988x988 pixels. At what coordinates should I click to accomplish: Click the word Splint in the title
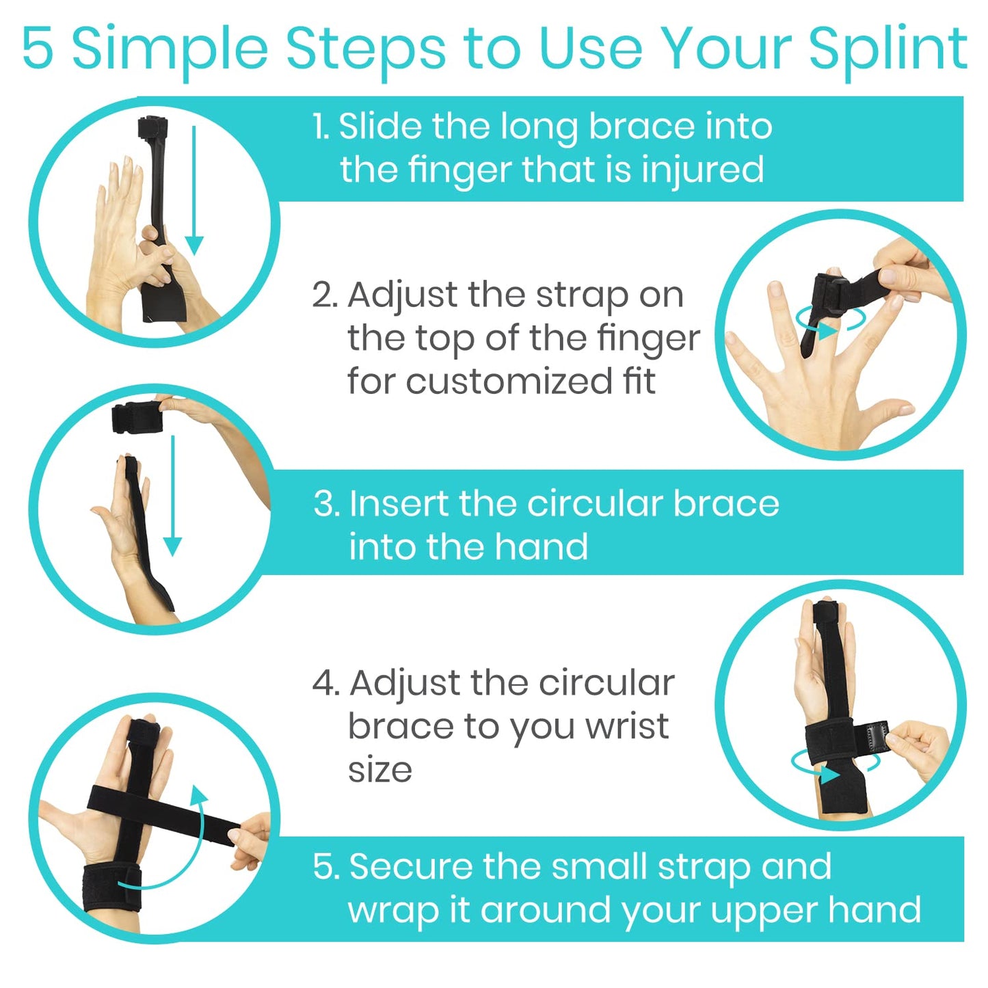[x=887, y=49]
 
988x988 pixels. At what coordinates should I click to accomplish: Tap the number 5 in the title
[x=38, y=49]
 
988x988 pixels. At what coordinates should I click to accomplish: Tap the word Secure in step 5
[x=410, y=866]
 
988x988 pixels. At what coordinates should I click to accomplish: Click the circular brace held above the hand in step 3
[x=136, y=416]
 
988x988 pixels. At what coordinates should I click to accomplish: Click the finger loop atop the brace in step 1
[x=152, y=129]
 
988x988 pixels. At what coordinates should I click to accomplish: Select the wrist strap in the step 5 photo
[x=112, y=888]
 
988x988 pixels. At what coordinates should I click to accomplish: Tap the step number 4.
[x=325, y=683]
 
